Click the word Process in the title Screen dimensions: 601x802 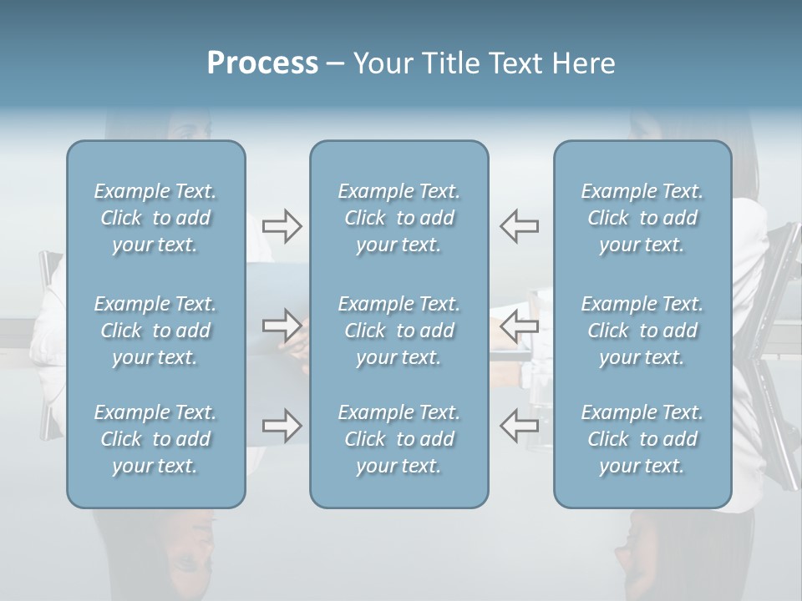(x=262, y=63)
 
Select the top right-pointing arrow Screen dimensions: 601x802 (x=282, y=226)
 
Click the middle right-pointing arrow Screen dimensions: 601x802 (x=282, y=325)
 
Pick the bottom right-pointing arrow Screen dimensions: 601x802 (x=282, y=425)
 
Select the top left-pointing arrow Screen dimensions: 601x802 (x=519, y=226)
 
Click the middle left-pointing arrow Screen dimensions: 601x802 (x=519, y=325)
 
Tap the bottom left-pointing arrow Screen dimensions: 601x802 (x=519, y=425)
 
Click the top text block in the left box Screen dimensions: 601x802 (x=155, y=218)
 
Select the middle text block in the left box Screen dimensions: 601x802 (x=155, y=331)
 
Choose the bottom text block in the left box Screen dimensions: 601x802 (x=155, y=439)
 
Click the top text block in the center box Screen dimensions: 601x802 (x=398, y=218)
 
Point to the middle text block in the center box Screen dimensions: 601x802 (x=398, y=331)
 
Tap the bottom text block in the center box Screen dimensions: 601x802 (x=398, y=439)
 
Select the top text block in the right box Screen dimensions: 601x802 (x=642, y=218)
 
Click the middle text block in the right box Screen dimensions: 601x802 (x=642, y=331)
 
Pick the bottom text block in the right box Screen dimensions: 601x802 (x=642, y=439)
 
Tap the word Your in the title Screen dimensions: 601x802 (x=381, y=63)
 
